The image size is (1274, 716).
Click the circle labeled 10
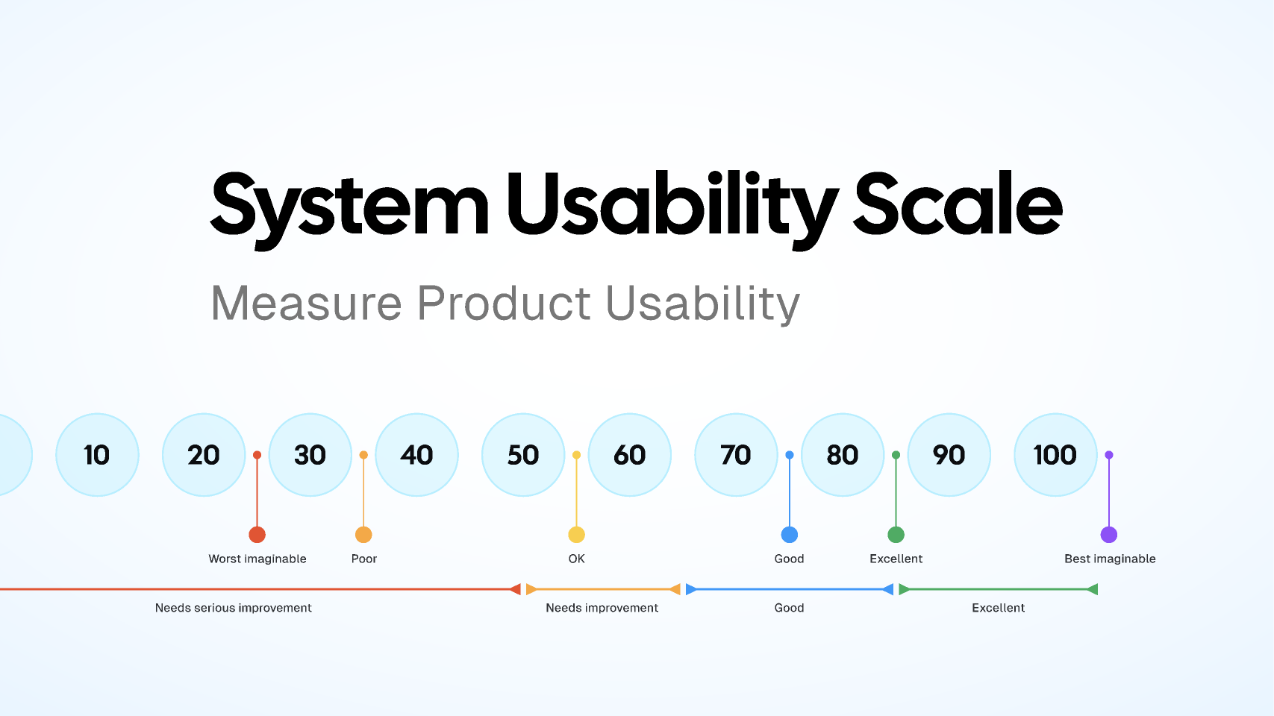pyautogui.click(x=97, y=455)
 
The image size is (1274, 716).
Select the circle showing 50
pyautogui.click(x=523, y=455)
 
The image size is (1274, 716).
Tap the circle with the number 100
pyautogui.click(x=1055, y=455)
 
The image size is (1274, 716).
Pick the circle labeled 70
pyautogui.click(x=736, y=455)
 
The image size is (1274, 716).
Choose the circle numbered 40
pyautogui.click(x=416, y=455)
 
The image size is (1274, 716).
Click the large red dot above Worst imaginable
pyautogui.click(x=257, y=535)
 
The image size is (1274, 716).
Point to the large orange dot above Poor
pyautogui.click(x=363, y=535)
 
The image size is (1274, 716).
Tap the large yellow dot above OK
pyautogui.click(x=576, y=535)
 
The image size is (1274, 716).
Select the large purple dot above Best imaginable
pyautogui.click(x=1109, y=535)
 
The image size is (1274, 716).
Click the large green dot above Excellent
pyautogui.click(x=896, y=535)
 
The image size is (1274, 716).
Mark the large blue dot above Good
pyautogui.click(x=790, y=535)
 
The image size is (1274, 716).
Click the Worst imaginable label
pyautogui.click(x=257, y=559)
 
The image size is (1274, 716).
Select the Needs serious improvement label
pyautogui.click(x=233, y=608)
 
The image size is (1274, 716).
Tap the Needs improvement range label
pyautogui.click(x=602, y=608)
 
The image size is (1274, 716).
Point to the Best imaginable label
pyautogui.click(x=1110, y=559)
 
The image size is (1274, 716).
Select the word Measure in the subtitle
pyautogui.click(x=306, y=304)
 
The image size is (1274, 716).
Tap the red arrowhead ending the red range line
pyautogui.click(x=515, y=589)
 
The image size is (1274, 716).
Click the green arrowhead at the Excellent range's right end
pyautogui.click(x=1093, y=589)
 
